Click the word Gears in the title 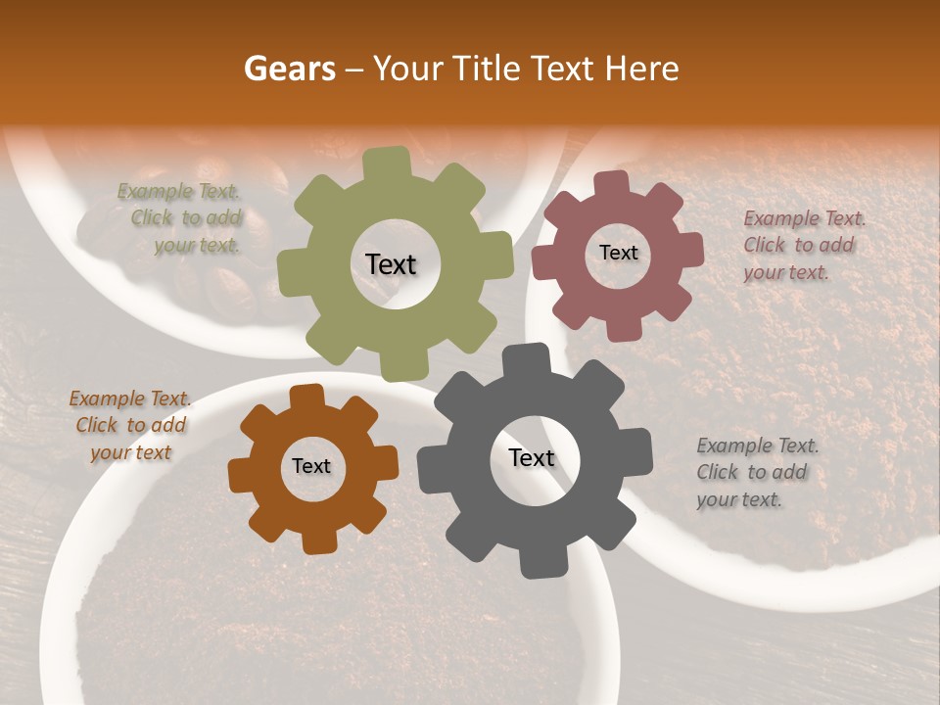(290, 69)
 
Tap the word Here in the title (642, 69)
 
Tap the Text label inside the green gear (391, 264)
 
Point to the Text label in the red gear (618, 253)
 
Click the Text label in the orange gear (311, 466)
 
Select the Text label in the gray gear (532, 457)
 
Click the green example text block (179, 218)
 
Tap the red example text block (804, 245)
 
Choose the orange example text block (130, 425)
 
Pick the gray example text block (757, 472)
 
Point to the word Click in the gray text (718, 472)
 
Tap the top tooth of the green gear (388, 163)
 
